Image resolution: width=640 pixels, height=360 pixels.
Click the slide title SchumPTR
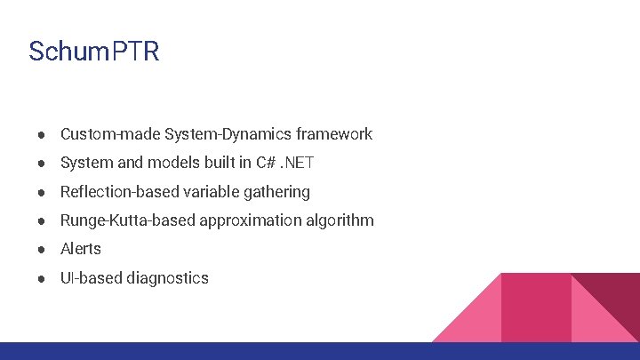(93, 52)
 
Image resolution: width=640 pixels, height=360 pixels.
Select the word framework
(334, 134)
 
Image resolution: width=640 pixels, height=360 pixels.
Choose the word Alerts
(81, 249)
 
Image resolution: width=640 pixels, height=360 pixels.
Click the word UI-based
(92, 278)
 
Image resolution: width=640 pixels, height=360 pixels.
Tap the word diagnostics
(167, 278)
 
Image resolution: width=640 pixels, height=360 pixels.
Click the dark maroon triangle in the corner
(617, 298)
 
